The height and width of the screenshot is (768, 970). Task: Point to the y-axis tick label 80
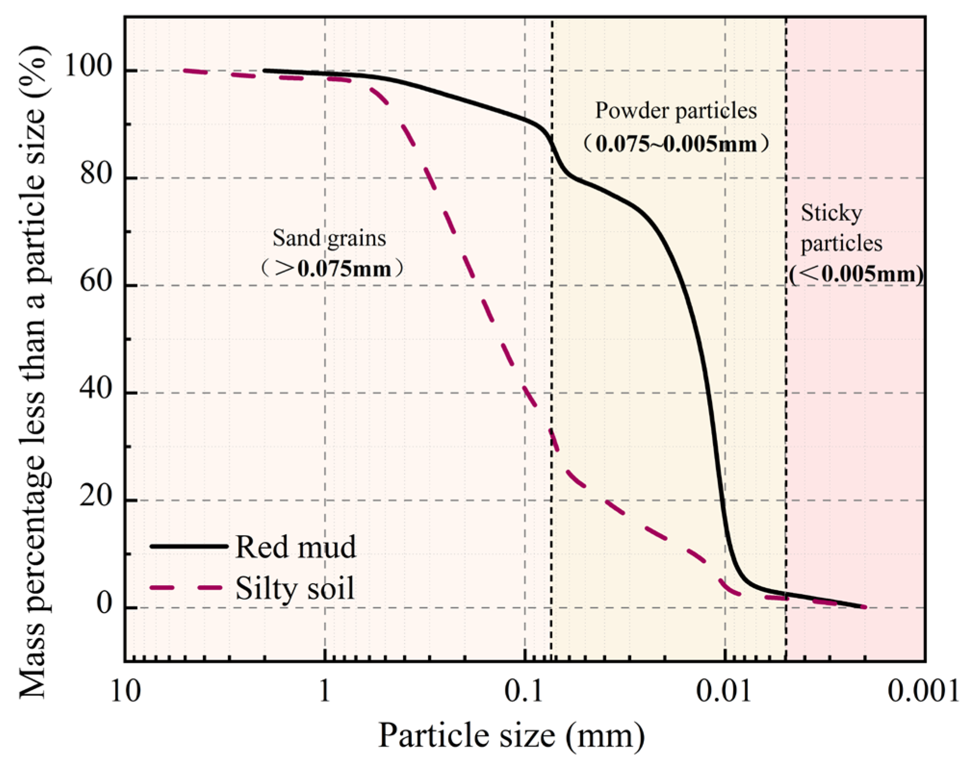(x=96, y=173)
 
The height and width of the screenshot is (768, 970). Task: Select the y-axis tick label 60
(x=96, y=281)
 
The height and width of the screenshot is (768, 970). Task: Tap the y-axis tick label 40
(x=96, y=388)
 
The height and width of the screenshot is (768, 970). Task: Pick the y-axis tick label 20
(x=96, y=496)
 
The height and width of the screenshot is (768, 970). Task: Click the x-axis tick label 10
(x=126, y=692)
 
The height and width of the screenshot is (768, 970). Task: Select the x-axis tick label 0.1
(x=524, y=692)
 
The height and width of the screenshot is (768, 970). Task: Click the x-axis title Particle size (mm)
(x=511, y=735)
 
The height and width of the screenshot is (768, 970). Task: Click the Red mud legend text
(x=296, y=547)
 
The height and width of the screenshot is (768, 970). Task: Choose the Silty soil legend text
(x=295, y=588)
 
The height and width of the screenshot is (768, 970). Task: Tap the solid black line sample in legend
(x=189, y=546)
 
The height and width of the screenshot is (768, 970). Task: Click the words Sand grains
(x=329, y=238)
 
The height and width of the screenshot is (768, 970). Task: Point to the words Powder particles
(x=676, y=111)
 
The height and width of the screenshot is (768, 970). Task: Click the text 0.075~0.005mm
(x=676, y=144)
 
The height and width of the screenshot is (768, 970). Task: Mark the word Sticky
(x=831, y=213)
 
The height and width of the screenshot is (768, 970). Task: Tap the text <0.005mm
(x=856, y=274)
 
